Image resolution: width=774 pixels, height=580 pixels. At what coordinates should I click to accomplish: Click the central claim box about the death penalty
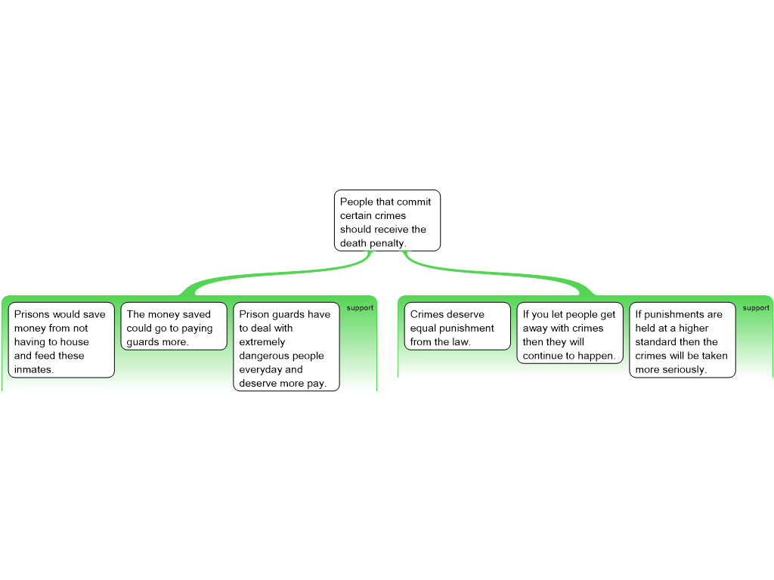click(x=387, y=221)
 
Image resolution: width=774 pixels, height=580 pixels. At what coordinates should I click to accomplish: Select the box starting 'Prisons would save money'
click(x=61, y=340)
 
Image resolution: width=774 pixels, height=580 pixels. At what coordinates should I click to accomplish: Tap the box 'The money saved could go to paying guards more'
click(x=174, y=326)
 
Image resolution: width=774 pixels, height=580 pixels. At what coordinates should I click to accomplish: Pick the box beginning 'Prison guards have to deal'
click(x=286, y=347)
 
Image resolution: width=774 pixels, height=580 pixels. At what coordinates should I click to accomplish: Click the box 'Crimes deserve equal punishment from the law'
click(x=458, y=326)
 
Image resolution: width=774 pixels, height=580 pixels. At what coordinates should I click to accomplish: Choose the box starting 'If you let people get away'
click(x=570, y=333)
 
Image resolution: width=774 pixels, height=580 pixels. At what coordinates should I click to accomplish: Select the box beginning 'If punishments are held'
click(x=682, y=340)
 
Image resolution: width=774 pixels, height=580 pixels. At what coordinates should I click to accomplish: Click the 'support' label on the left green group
click(x=360, y=308)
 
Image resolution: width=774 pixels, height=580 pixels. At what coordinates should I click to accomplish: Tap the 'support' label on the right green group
click(x=756, y=308)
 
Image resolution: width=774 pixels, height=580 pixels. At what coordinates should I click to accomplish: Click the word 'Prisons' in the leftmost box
click(x=32, y=314)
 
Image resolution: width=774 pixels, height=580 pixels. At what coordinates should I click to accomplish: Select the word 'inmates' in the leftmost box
click(x=33, y=369)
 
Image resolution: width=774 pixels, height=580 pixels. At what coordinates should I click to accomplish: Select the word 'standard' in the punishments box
click(x=655, y=342)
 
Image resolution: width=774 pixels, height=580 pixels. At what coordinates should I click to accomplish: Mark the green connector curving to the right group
click(x=499, y=273)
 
